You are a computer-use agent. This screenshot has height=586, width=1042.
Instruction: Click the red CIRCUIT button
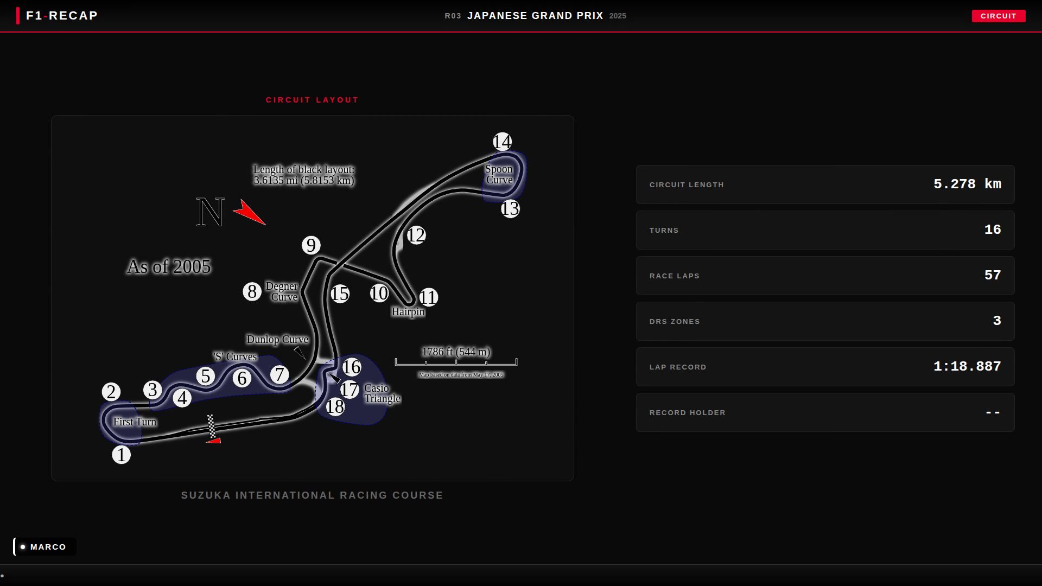tap(998, 16)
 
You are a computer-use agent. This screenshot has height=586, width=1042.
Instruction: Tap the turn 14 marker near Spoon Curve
tap(502, 142)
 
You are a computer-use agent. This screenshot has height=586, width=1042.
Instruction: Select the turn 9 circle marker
tap(311, 245)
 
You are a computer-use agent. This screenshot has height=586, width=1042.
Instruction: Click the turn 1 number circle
tap(121, 455)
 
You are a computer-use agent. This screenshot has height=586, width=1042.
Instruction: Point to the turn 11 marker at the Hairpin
tap(428, 297)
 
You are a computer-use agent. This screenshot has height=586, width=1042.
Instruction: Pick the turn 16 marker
tap(352, 367)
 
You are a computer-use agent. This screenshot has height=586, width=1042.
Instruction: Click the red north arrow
tap(250, 212)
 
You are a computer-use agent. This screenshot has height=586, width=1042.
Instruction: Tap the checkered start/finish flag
tap(212, 426)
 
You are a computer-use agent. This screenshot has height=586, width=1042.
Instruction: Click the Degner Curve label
tap(282, 291)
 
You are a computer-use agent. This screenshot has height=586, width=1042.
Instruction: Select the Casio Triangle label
tap(382, 393)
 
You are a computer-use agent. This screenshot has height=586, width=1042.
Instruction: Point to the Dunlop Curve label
tap(277, 340)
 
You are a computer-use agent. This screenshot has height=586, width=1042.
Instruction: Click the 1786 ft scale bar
tap(456, 361)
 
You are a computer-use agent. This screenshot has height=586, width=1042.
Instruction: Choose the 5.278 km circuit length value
tap(967, 184)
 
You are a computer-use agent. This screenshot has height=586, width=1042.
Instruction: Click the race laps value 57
tap(992, 276)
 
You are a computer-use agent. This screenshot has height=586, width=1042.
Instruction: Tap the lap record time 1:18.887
tap(967, 367)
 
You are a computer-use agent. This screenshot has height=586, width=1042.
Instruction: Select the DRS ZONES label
tap(675, 322)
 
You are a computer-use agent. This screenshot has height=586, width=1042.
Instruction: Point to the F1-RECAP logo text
tap(62, 16)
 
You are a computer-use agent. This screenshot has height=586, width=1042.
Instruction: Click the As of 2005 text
tap(169, 267)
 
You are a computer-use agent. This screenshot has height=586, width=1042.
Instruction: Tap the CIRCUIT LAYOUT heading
tap(312, 100)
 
